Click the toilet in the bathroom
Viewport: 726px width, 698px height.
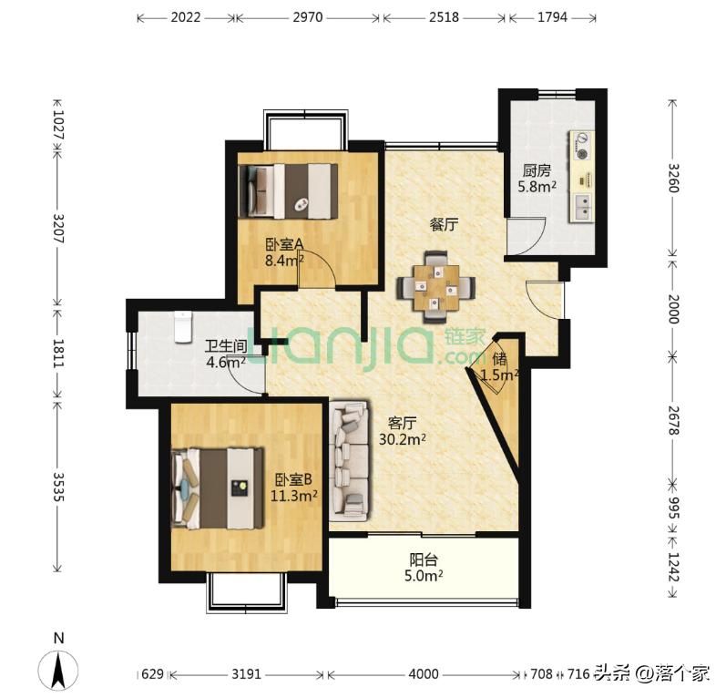click(x=183, y=327)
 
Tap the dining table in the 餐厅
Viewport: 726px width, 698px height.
click(x=435, y=287)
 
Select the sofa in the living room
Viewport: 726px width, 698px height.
click(x=350, y=461)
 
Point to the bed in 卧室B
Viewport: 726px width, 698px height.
click(x=217, y=488)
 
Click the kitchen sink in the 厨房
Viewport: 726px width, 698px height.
click(x=582, y=208)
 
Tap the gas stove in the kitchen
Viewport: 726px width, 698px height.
click(x=581, y=146)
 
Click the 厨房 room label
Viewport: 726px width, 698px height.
click(x=537, y=171)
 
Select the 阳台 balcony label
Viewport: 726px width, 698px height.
click(x=424, y=560)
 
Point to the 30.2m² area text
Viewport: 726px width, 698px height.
click(x=403, y=438)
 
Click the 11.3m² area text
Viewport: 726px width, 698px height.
click(x=293, y=496)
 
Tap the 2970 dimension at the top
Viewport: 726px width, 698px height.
click(x=308, y=17)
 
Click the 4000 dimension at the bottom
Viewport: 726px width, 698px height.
click(x=424, y=673)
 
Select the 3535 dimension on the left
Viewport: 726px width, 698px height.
click(x=58, y=487)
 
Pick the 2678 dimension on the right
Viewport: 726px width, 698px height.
click(x=673, y=421)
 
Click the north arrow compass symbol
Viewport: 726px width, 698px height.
click(x=58, y=670)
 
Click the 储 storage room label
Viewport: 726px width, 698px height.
click(x=499, y=359)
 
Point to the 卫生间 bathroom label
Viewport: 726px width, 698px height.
click(x=226, y=346)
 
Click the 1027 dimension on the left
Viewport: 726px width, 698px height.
click(x=58, y=125)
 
